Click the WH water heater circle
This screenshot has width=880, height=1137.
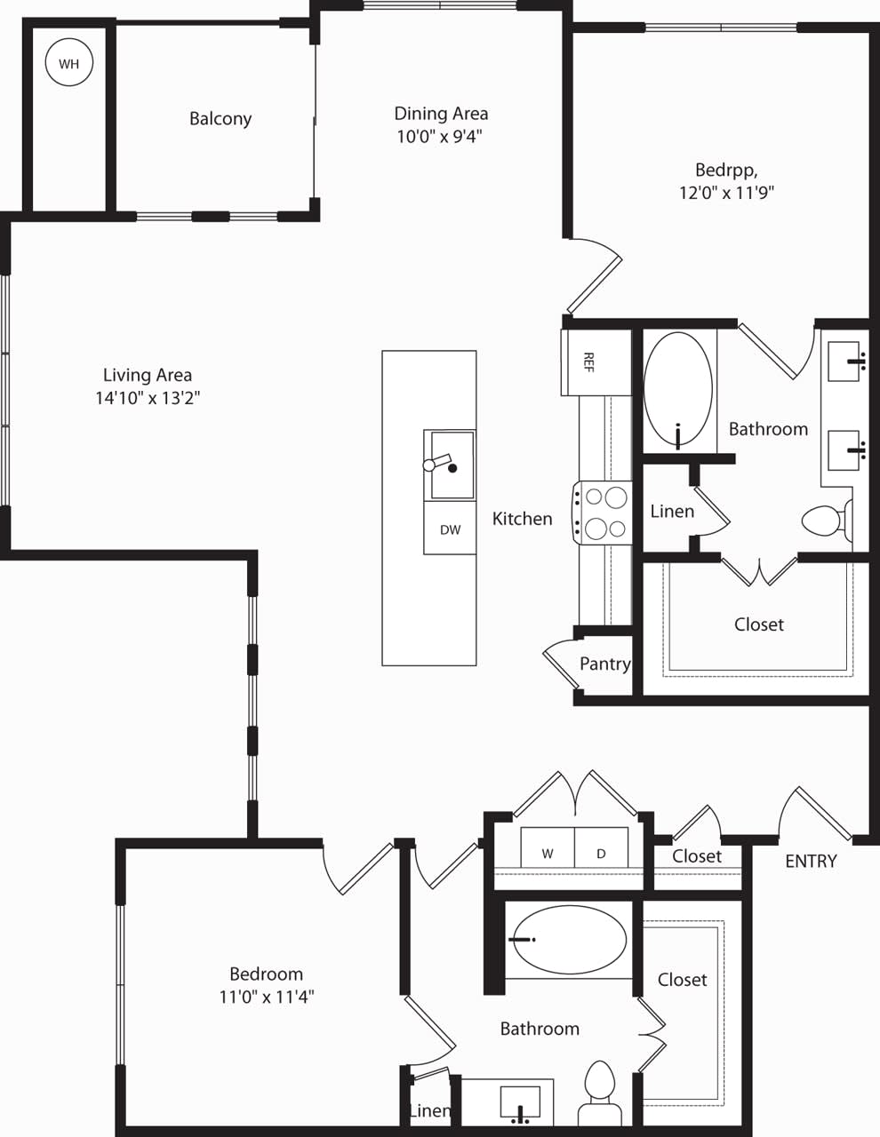coord(68,63)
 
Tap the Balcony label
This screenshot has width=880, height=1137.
coord(220,119)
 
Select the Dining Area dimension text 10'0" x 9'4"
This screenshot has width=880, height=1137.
coord(440,137)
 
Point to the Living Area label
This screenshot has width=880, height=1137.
coord(148,375)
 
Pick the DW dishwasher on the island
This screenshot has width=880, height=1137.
coord(450,529)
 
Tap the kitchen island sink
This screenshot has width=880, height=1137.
coord(452,465)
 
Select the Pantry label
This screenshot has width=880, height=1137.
coord(604,664)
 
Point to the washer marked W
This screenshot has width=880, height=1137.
coord(548,854)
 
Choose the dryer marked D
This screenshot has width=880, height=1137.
coord(601,854)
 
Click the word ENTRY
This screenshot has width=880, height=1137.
coord(811,861)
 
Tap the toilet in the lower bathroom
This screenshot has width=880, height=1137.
coord(600,1093)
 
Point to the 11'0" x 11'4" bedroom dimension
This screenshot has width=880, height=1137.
coord(267,997)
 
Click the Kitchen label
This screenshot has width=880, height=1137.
coord(522,519)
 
